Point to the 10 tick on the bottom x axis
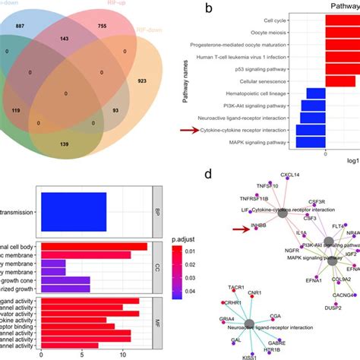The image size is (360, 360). pyautogui.click(x=122, y=353)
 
